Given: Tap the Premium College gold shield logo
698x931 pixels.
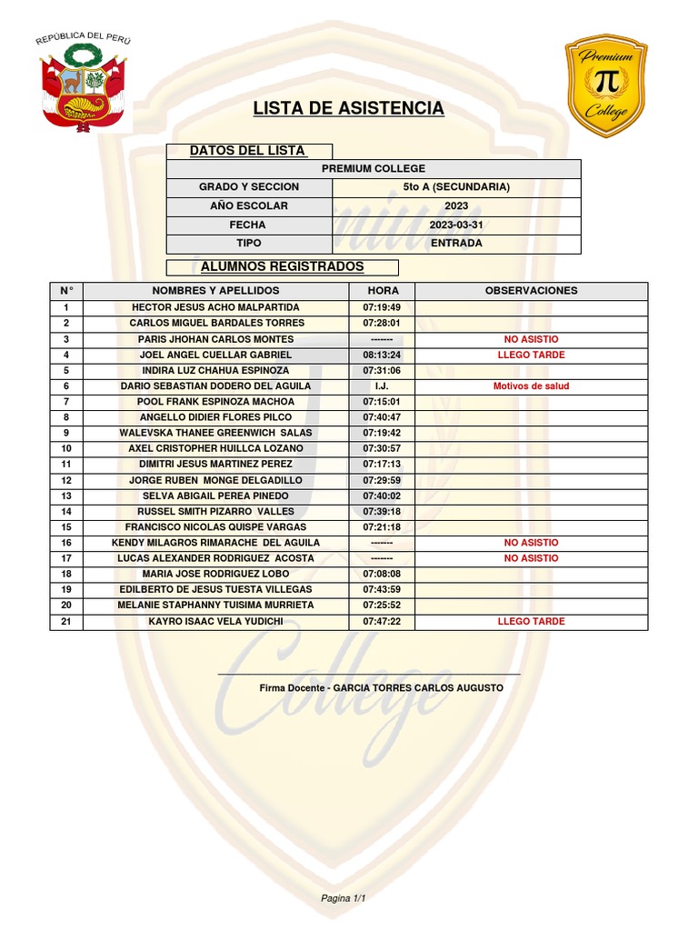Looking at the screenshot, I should pyautogui.click(x=606, y=85).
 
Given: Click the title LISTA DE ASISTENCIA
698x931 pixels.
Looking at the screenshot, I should pyautogui.click(x=349, y=109).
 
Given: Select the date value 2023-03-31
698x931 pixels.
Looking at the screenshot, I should pyautogui.click(x=456, y=225).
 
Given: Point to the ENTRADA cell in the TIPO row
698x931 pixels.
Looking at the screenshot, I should pyautogui.click(x=456, y=244).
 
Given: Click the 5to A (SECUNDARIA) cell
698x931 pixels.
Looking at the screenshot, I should pyautogui.click(x=456, y=187).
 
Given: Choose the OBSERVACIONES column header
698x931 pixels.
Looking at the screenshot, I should pyautogui.click(x=531, y=291).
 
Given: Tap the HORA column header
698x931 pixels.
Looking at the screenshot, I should pyautogui.click(x=382, y=291).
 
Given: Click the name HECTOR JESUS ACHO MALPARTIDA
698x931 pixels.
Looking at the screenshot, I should pyautogui.click(x=215, y=307).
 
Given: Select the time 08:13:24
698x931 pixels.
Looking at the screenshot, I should pyautogui.click(x=382, y=355).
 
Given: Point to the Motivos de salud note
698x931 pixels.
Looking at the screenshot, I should pyautogui.click(x=531, y=385).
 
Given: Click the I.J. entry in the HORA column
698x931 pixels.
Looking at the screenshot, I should pyautogui.click(x=382, y=385).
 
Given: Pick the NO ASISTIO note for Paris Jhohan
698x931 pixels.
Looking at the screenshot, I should pyautogui.click(x=531, y=339).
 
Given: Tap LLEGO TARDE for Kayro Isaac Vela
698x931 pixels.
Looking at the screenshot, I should pyautogui.click(x=531, y=622).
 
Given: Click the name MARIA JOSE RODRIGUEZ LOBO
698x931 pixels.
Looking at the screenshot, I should pyautogui.click(x=215, y=574).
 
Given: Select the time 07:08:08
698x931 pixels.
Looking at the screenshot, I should pyautogui.click(x=382, y=574).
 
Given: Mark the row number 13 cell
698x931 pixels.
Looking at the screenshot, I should pyautogui.click(x=66, y=496).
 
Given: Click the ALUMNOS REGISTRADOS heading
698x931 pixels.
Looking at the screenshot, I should pyautogui.click(x=282, y=267).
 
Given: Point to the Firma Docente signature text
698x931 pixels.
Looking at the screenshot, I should pyautogui.click(x=381, y=688).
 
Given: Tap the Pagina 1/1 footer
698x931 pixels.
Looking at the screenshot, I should pyautogui.click(x=343, y=898).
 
